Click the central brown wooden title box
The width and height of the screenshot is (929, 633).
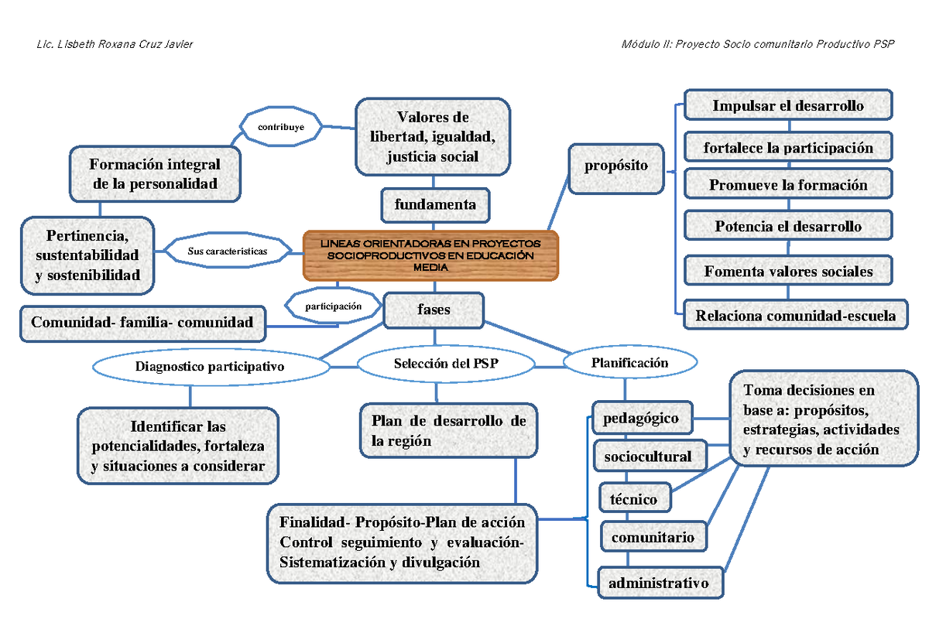(430, 255)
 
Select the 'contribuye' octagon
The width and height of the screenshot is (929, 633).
(282, 125)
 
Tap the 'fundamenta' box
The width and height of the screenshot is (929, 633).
(434, 205)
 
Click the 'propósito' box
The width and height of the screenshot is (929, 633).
(617, 167)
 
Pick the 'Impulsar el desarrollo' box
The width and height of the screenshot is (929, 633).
(788, 106)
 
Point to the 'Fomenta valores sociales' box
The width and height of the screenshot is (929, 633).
(788, 272)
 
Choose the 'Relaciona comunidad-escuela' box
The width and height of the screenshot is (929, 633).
(795, 316)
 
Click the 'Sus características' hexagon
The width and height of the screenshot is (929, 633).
(227, 251)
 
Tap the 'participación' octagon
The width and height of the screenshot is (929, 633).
(333, 306)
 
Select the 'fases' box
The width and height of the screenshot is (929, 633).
(434, 310)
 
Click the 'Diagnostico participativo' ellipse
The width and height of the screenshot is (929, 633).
(209, 367)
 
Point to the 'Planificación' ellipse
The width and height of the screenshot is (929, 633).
(629, 362)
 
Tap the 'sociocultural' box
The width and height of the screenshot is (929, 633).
(649, 457)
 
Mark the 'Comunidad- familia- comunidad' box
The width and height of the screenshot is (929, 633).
(142, 323)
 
